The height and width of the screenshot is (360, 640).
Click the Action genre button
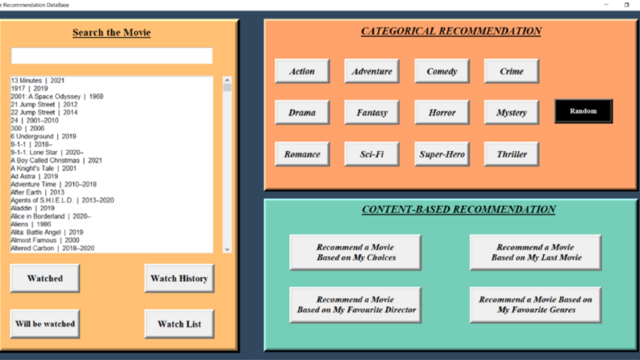coord(302,71)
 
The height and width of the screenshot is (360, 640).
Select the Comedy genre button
coord(441,71)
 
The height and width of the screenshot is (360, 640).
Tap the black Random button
coord(584,111)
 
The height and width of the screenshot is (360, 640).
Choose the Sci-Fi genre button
coord(372,154)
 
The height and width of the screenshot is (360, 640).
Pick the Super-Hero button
coord(441,154)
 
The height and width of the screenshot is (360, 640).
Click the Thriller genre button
coord(512,154)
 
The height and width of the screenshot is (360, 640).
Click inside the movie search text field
coord(112,56)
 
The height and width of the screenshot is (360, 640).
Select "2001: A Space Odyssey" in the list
coord(57,96)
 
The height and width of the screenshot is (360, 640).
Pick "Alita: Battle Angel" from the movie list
coord(47,232)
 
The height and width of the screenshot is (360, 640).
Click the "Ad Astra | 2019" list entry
coord(34,176)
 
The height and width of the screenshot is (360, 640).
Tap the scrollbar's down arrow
coord(228,249)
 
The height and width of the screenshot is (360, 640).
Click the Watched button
coord(45,278)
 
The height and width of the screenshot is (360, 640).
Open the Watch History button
coord(179,278)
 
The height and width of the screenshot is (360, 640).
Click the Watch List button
coord(179,324)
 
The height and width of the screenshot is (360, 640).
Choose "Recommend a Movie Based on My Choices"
coord(355,253)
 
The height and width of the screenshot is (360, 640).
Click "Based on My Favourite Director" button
coord(355,305)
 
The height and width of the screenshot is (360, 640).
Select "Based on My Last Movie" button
coord(536,253)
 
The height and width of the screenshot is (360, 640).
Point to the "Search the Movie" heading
coord(112,32)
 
